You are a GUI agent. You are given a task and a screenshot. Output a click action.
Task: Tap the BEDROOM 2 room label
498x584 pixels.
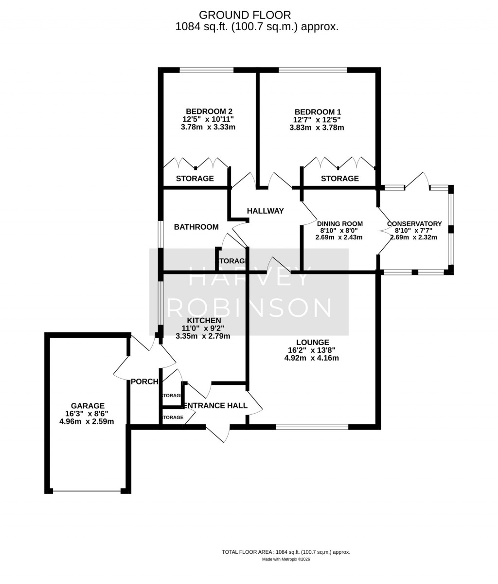(x=206, y=111)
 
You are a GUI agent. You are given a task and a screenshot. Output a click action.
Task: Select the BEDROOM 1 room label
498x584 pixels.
(x=317, y=111)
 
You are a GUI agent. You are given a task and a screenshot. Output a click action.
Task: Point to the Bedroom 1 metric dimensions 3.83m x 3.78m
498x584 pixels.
(x=317, y=128)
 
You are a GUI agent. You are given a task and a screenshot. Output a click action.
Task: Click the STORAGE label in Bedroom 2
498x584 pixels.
(x=195, y=179)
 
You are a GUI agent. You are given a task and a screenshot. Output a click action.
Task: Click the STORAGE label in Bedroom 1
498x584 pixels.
(x=339, y=179)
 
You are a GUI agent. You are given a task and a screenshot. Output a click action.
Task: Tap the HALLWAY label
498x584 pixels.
(x=265, y=211)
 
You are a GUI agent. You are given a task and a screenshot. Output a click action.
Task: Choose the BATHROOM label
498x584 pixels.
(x=196, y=227)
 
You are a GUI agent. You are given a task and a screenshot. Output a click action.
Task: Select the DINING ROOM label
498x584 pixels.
(x=341, y=224)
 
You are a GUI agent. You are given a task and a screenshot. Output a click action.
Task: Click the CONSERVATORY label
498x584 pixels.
(x=414, y=224)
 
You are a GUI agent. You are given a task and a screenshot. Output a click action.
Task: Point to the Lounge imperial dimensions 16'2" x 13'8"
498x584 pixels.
(x=311, y=350)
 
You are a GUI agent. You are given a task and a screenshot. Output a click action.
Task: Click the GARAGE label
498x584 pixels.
(x=88, y=405)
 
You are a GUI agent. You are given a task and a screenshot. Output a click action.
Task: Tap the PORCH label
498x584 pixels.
(x=144, y=382)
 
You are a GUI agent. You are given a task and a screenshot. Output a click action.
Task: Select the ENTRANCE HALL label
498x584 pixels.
(x=214, y=405)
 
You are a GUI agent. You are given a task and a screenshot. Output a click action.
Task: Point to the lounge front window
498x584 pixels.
(x=312, y=427)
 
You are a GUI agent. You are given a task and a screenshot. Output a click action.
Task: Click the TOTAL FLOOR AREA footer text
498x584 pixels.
(x=286, y=552)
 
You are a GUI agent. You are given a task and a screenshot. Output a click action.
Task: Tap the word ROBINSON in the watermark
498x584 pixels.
(x=253, y=308)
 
